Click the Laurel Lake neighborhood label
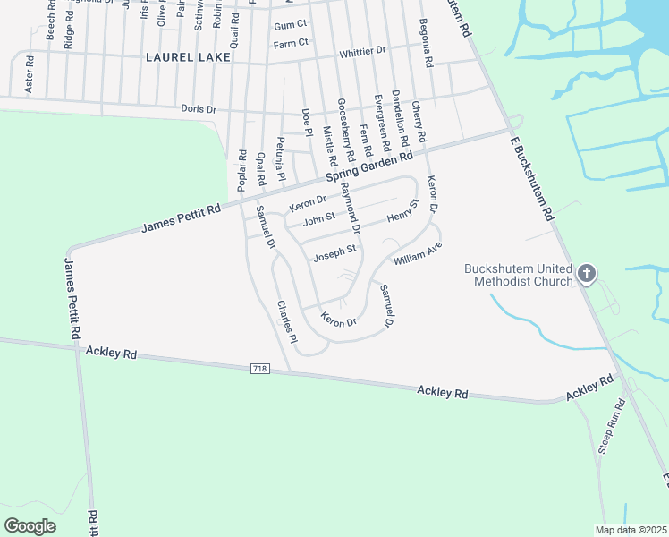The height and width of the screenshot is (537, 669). tap(188, 57)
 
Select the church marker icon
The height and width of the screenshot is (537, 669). tap(586, 273)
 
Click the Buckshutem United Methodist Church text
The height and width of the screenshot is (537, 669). tap(519, 276)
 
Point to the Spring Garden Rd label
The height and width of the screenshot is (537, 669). tap(369, 167)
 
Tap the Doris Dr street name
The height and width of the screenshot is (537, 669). tap(199, 109)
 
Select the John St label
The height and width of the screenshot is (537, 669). tap(319, 218)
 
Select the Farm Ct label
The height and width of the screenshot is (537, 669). tap(291, 43)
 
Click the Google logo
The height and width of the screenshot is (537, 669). tap(30, 525)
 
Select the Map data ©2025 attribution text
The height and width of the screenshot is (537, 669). tap(630, 530)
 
